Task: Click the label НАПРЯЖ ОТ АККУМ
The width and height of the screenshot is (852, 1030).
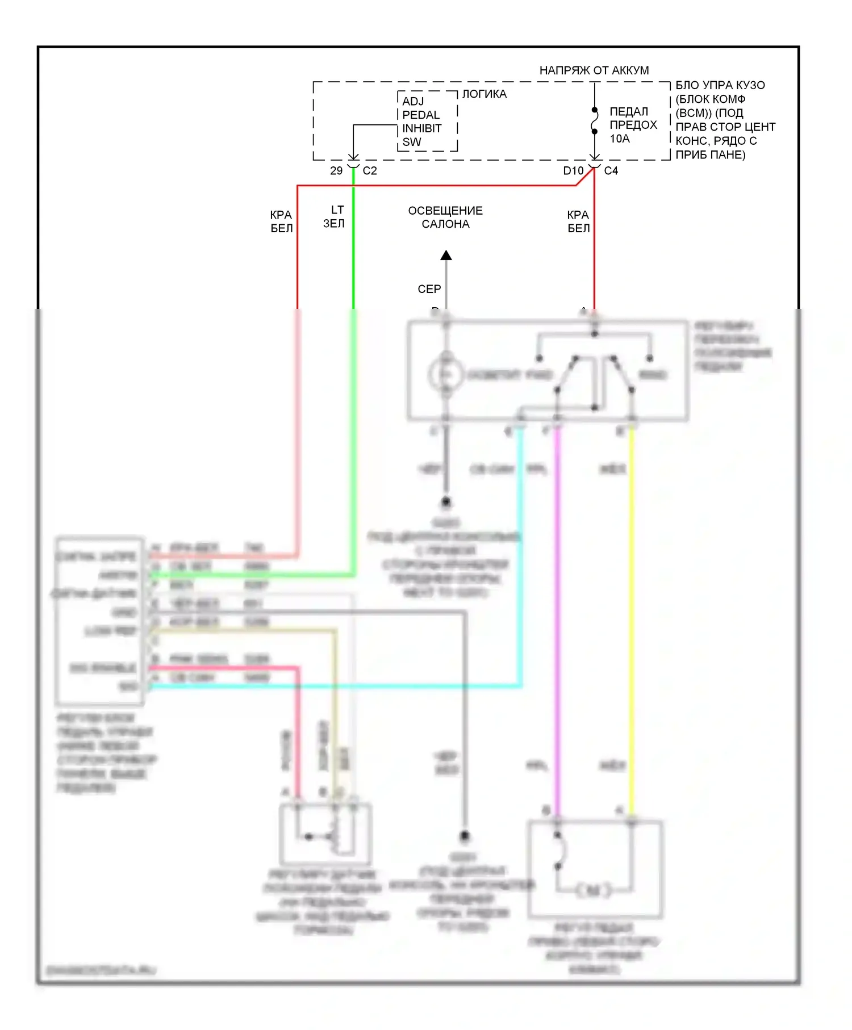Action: click(x=594, y=70)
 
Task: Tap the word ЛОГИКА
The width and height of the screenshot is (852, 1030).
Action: click(x=484, y=94)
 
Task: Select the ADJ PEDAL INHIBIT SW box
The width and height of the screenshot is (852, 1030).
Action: click(x=427, y=122)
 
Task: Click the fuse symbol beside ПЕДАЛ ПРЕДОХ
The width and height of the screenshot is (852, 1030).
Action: click(x=595, y=120)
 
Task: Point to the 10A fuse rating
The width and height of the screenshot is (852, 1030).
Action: click(x=620, y=139)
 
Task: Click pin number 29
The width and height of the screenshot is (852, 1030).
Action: click(x=336, y=170)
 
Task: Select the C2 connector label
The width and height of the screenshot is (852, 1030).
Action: click(x=370, y=170)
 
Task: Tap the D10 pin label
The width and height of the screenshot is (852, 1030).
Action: click(x=573, y=170)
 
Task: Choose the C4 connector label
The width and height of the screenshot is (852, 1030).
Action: click(x=611, y=170)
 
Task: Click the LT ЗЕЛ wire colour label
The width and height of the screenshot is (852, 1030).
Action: click(x=335, y=217)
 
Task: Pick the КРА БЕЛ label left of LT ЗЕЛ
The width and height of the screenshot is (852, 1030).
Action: click(x=281, y=221)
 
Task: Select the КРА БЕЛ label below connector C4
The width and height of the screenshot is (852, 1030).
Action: click(x=578, y=221)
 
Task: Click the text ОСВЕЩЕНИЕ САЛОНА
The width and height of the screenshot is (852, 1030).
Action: click(x=445, y=217)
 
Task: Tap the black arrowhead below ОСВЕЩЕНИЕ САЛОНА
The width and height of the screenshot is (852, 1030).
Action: click(x=446, y=256)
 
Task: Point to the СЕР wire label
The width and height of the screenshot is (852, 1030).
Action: click(x=429, y=289)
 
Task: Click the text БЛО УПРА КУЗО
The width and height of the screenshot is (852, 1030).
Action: click(x=720, y=85)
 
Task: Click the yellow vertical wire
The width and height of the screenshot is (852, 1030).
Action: click(x=631, y=625)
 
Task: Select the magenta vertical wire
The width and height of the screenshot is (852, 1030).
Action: click(x=558, y=625)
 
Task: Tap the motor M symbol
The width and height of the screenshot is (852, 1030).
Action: click(x=594, y=891)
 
